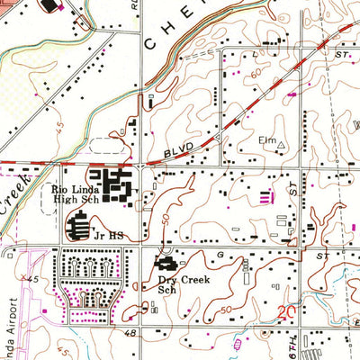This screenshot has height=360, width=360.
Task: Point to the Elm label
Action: coord(266,140)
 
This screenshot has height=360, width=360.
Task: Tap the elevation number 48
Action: coord(131,334)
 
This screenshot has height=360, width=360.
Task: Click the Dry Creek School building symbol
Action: coord(166,265)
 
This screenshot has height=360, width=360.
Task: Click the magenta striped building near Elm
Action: coord(265,195)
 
